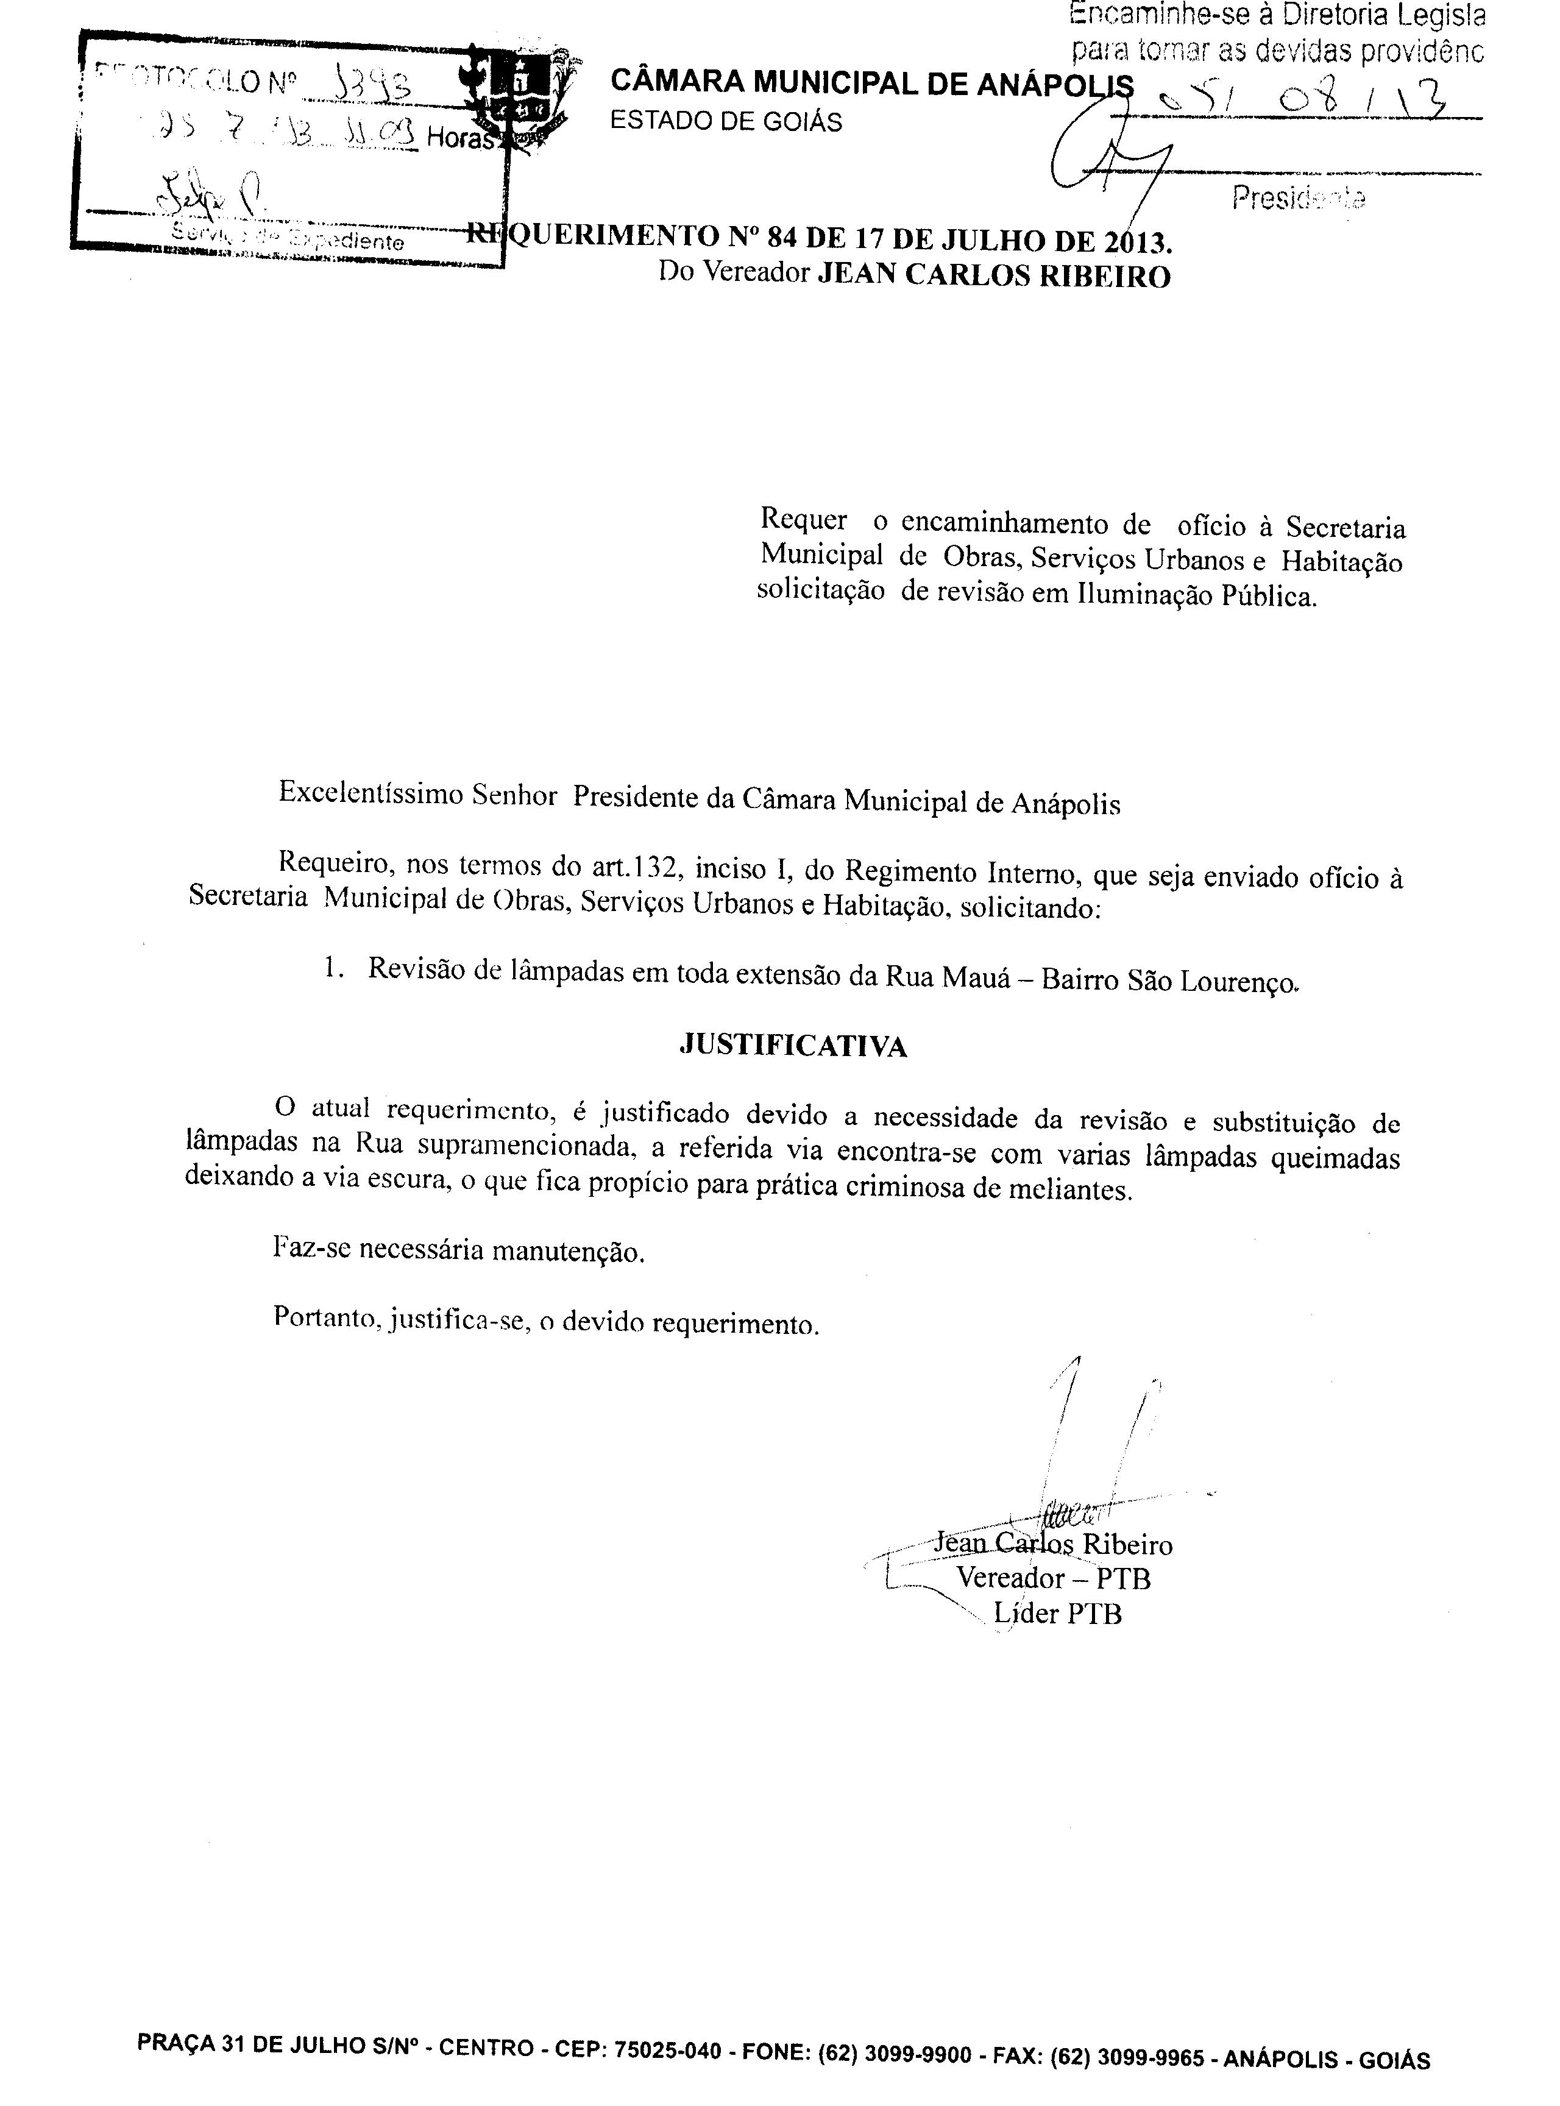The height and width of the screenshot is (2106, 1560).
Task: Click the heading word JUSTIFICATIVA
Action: point(793,1046)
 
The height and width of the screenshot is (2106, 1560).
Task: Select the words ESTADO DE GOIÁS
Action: point(726,122)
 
